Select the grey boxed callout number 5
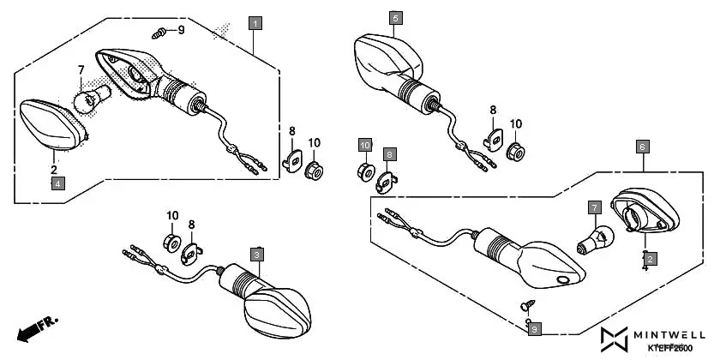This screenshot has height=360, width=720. (x=394, y=17)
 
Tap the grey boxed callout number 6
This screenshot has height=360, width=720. (x=641, y=147)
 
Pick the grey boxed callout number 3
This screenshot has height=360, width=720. (x=258, y=254)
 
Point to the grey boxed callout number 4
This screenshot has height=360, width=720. (x=57, y=182)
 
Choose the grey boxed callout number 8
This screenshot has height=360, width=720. (x=390, y=154)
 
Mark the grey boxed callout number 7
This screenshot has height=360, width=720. (x=592, y=207)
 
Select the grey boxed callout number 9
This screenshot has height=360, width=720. (x=534, y=328)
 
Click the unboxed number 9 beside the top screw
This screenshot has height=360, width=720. (x=181, y=31)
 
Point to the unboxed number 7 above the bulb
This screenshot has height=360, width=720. (x=81, y=69)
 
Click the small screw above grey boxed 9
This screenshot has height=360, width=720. (x=525, y=304)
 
